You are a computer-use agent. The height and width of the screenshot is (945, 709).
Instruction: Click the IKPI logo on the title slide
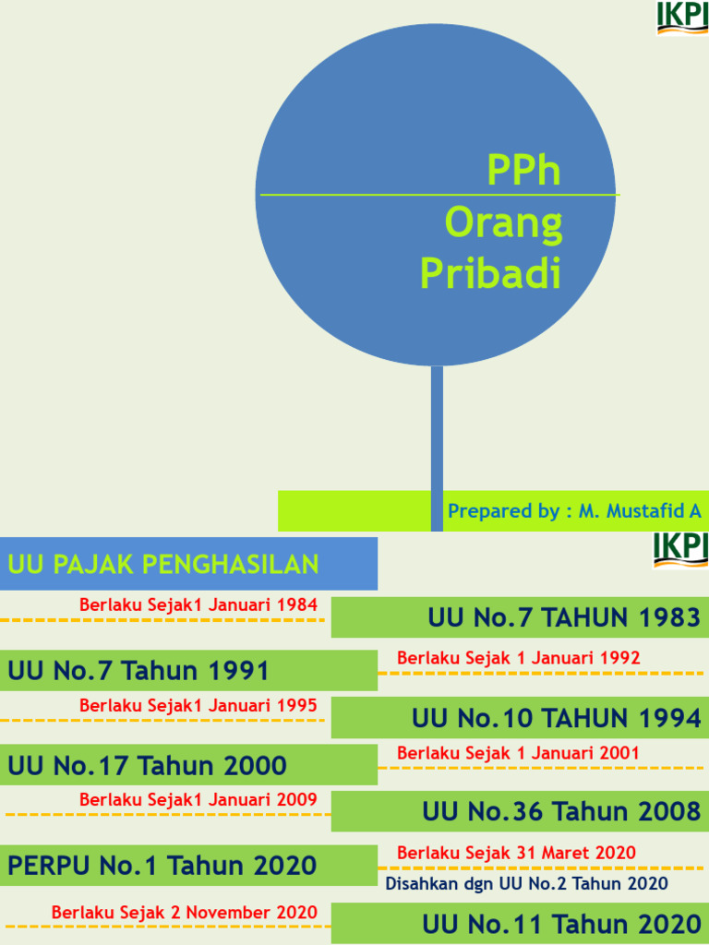click(682, 18)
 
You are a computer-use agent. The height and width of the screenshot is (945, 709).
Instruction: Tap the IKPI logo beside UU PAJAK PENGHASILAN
click(680, 549)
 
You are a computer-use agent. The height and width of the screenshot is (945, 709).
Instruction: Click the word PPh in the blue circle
click(523, 171)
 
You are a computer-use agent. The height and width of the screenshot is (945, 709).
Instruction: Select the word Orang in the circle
click(503, 223)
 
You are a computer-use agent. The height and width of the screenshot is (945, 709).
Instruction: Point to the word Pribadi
click(490, 273)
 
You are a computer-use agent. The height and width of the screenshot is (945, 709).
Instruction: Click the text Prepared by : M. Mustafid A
click(574, 511)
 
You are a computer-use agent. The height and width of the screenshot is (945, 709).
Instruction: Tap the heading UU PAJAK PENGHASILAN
click(163, 564)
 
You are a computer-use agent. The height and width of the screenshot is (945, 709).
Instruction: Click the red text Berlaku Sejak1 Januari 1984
click(198, 605)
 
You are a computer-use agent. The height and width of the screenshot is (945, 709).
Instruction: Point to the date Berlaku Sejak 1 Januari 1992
click(519, 658)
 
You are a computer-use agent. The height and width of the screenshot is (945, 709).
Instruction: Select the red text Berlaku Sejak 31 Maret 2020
click(516, 853)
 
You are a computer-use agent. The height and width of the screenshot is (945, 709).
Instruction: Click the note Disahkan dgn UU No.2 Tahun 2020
click(526, 884)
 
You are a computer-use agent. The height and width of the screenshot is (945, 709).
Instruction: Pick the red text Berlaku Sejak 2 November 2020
click(185, 913)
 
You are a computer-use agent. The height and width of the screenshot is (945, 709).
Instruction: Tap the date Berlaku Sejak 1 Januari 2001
click(518, 753)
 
